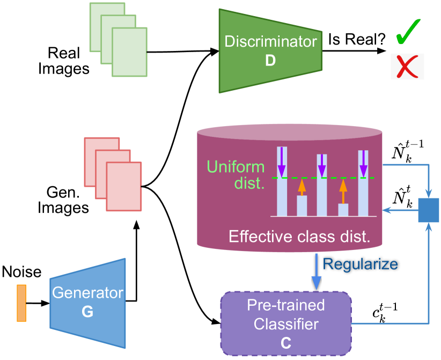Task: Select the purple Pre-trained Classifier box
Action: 285,323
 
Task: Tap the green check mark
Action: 408,33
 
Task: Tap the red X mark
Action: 407,67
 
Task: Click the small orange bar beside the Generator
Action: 21,303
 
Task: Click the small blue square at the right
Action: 428,210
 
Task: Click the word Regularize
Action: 360,264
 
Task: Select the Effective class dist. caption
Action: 299,236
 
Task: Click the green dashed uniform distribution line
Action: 333,178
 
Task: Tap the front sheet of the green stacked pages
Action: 129,52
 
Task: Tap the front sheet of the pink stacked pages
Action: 123,187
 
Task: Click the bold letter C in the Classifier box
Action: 285,343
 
